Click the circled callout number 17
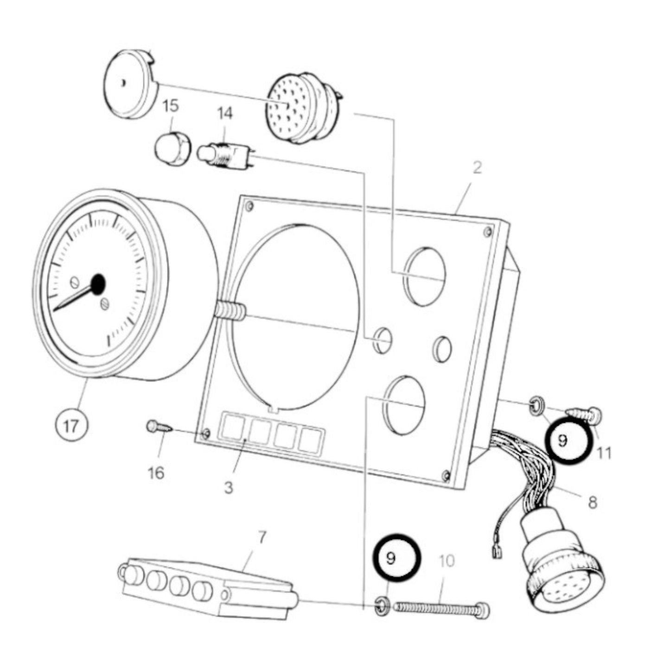click(x=70, y=425)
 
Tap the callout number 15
click(x=171, y=106)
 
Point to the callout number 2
click(x=477, y=167)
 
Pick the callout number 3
click(x=228, y=487)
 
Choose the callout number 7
click(x=262, y=537)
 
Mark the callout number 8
click(x=592, y=502)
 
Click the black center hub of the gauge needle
click(x=98, y=284)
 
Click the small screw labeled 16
click(x=159, y=426)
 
